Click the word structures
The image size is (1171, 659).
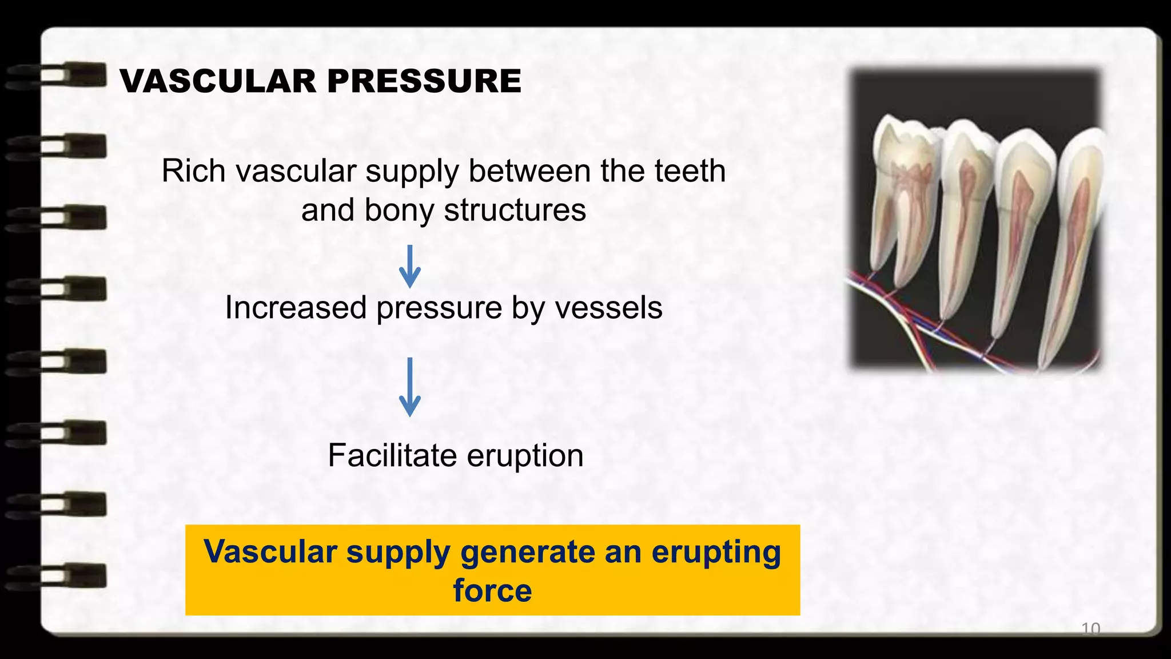coord(515,210)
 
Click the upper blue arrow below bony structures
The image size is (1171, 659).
coord(409,267)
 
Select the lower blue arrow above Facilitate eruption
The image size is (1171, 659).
coord(409,387)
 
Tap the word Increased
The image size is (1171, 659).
coord(296,308)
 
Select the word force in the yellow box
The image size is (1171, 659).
coord(492,590)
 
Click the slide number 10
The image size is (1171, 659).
coord(1090,629)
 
